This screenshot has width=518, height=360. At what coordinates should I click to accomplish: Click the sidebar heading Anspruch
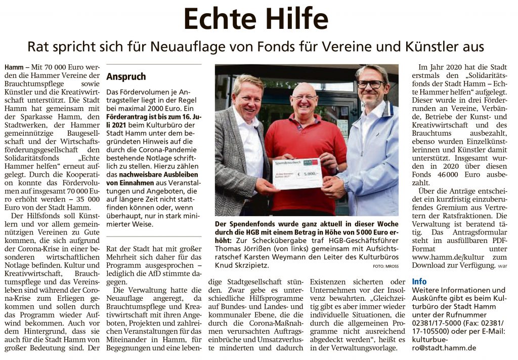click(126, 77)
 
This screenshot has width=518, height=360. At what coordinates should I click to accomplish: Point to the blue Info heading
click(419, 282)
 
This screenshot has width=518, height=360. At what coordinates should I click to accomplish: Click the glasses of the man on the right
click(370, 84)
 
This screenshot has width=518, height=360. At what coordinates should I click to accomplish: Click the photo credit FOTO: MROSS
click(385, 266)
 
